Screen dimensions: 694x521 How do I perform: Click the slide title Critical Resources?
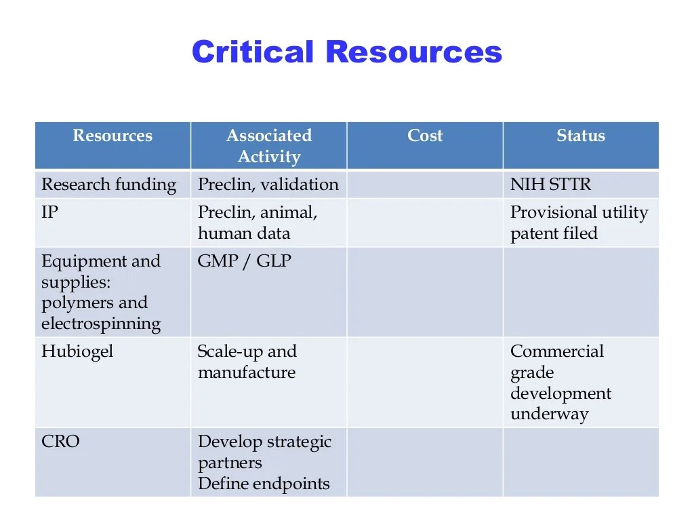click(347, 52)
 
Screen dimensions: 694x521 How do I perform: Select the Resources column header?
click(113, 136)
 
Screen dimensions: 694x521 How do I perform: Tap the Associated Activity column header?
click(269, 146)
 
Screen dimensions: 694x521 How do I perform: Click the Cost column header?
click(425, 136)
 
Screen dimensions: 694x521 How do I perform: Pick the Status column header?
click(581, 136)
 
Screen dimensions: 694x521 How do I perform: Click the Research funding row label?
click(109, 185)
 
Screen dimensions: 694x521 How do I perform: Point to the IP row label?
click(49, 212)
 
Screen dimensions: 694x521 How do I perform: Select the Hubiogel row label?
click(77, 352)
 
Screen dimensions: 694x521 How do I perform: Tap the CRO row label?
click(60, 441)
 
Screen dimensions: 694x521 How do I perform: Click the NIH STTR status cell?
click(550, 185)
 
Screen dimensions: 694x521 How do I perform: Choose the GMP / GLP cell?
click(244, 261)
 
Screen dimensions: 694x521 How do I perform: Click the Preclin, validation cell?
click(268, 185)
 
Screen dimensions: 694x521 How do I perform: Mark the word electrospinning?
click(101, 324)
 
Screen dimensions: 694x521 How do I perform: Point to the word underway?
click(549, 414)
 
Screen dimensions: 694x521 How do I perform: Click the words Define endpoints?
click(264, 483)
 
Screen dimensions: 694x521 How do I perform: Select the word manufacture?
click(247, 372)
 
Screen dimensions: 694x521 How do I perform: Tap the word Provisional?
click(554, 212)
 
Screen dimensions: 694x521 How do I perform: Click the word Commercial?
click(557, 351)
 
